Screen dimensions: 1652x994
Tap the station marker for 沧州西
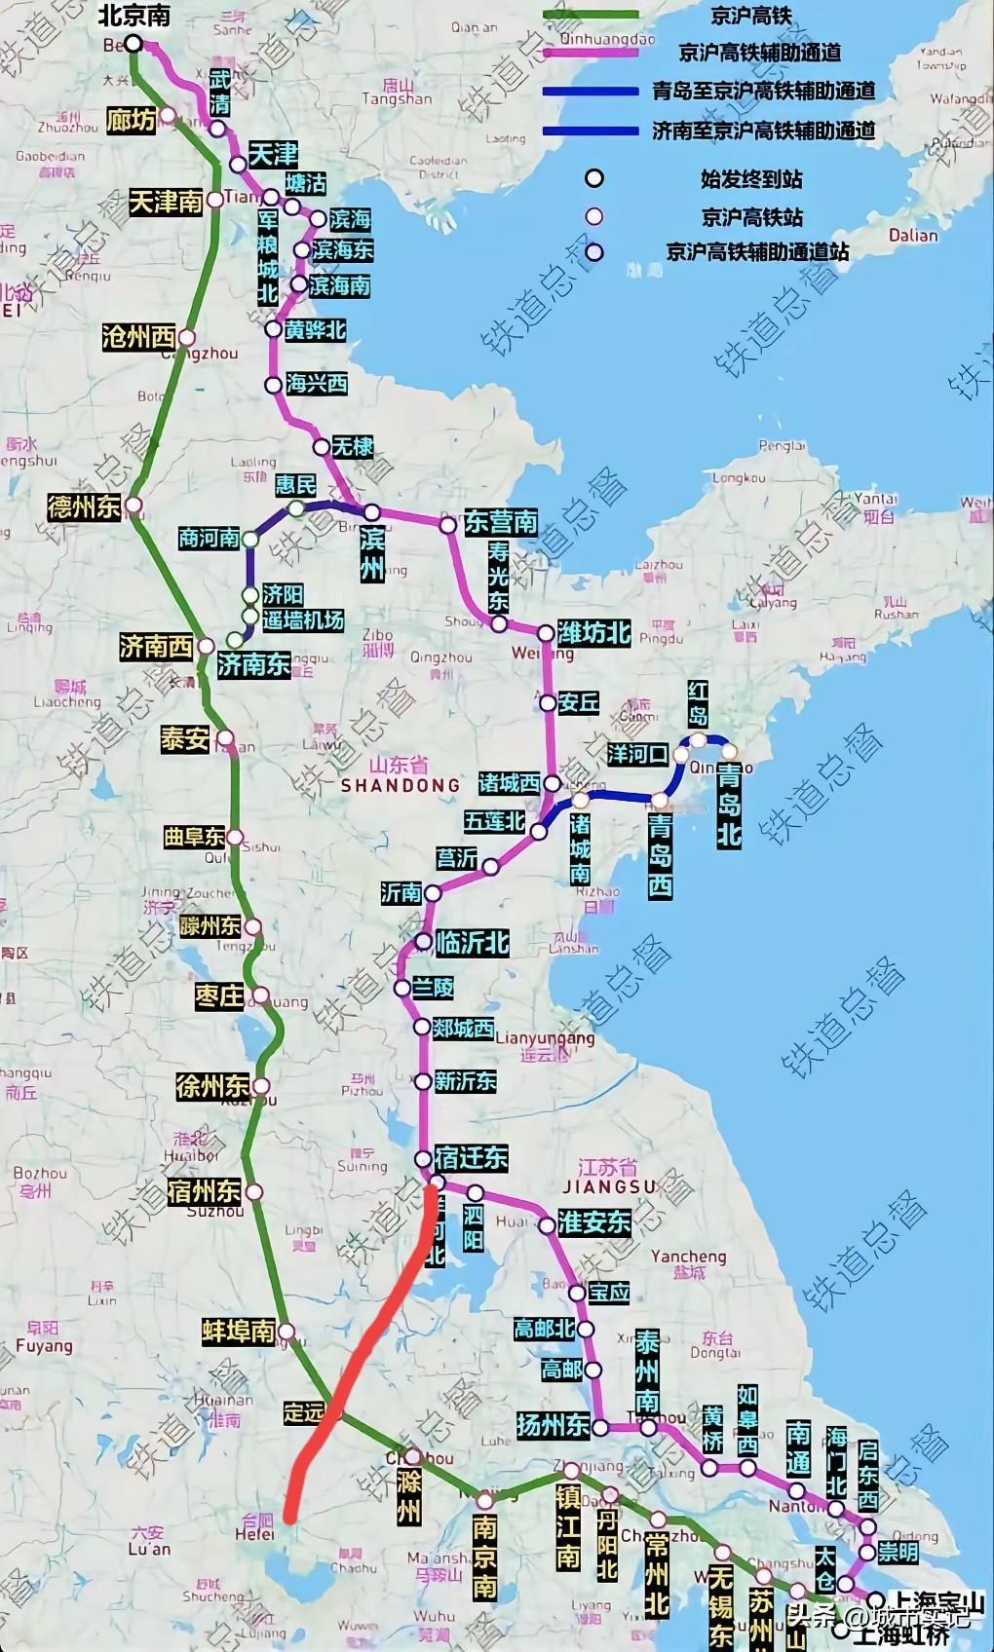click(187, 338)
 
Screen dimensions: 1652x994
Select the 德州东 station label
click(84, 507)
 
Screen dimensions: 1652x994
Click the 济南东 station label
click(253, 664)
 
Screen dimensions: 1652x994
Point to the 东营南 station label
click(501, 521)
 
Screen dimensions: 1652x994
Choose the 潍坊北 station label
click(594, 633)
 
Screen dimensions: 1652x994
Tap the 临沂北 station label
click(473, 942)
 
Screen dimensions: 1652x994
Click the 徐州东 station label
click(212, 1086)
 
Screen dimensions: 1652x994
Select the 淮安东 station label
click(594, 1222)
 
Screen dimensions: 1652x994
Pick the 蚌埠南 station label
click(239, 1332)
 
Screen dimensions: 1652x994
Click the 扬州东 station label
click(554, 1425)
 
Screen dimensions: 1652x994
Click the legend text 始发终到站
click(751, 178)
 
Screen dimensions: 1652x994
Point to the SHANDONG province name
click(401, 785)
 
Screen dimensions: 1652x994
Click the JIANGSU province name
click(610, 1186)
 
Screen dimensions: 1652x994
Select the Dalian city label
click(912, 235)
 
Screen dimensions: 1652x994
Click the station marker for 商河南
click(250, 538)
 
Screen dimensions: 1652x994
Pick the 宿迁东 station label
click(472, 1157)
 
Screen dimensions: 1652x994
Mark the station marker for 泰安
click(225, 738)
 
